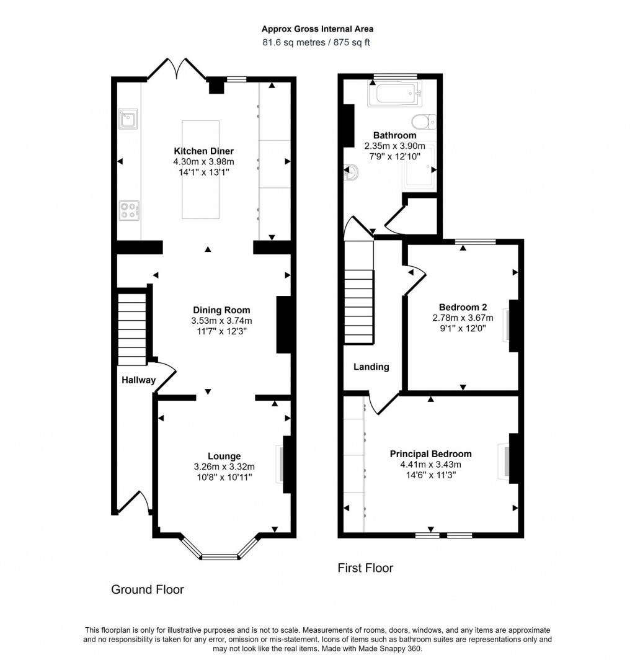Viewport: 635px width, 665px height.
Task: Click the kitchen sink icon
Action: tap(129, 118)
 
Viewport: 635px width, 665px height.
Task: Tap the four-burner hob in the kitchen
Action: tap(129, 210)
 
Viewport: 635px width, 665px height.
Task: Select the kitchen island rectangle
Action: tap(200, 169)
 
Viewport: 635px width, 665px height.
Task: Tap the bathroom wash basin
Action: tap(351, 172)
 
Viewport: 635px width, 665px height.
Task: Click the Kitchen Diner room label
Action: tap(203, 151)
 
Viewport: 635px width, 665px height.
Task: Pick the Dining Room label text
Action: tap(221, 310)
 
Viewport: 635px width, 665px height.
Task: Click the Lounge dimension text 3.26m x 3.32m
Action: tap(224, 467)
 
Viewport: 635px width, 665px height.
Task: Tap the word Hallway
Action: tap(138, 380)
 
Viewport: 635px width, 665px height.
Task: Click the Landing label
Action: tap(371, 367)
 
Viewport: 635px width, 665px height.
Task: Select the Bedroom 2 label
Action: tap(463, 307)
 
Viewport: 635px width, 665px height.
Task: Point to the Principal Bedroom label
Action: tap(430, 453)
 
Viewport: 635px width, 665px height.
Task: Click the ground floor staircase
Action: tap(132, 329)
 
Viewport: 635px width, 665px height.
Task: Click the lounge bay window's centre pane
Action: tap(220, 556)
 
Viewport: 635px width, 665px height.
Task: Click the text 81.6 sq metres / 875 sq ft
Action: tap(317, 43)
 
